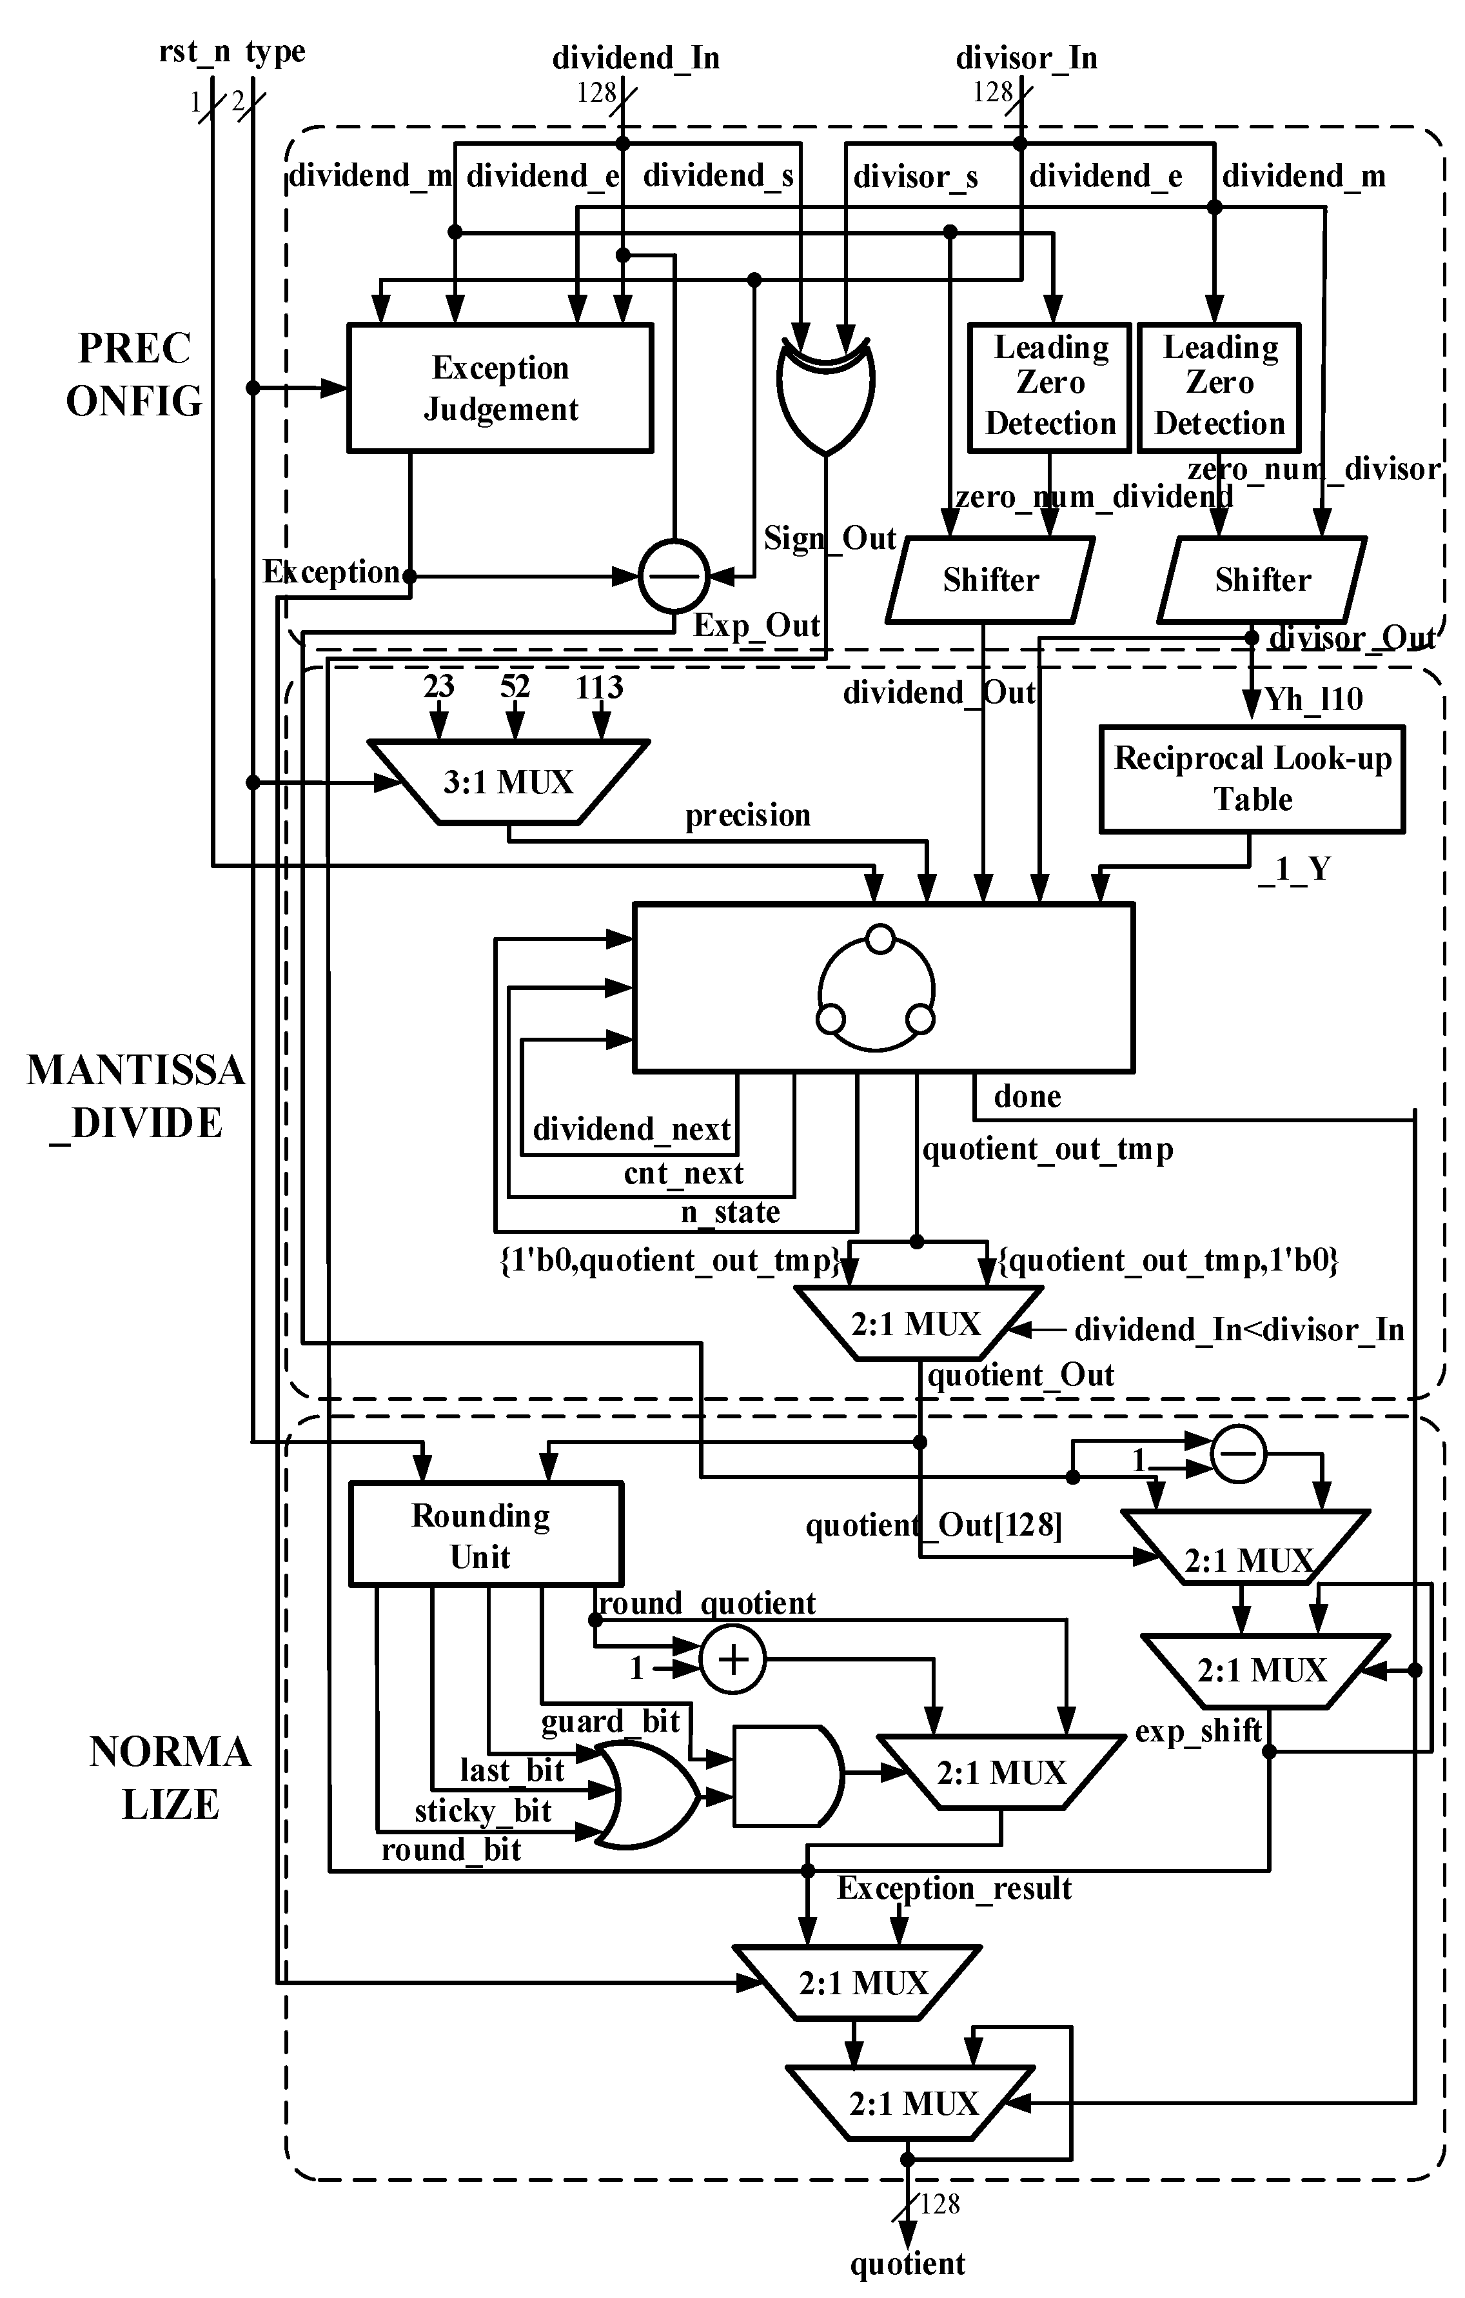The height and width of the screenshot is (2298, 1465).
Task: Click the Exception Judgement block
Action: click(500, 388)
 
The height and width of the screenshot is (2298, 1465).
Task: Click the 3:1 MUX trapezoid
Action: click(507, 782)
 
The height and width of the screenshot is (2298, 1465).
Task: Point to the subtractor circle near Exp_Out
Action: click(674, 575)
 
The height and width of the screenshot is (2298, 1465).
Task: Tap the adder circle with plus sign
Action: click(733, 1661)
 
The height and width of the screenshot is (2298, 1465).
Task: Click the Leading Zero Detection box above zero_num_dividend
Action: click(1050, 386)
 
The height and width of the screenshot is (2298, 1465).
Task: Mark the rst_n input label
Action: click(195, 52)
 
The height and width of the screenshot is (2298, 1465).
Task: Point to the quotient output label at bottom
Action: click(908, 2264)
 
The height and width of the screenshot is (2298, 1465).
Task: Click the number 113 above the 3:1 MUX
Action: click(600, 686)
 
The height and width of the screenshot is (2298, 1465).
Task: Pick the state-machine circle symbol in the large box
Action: click(876, 987)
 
